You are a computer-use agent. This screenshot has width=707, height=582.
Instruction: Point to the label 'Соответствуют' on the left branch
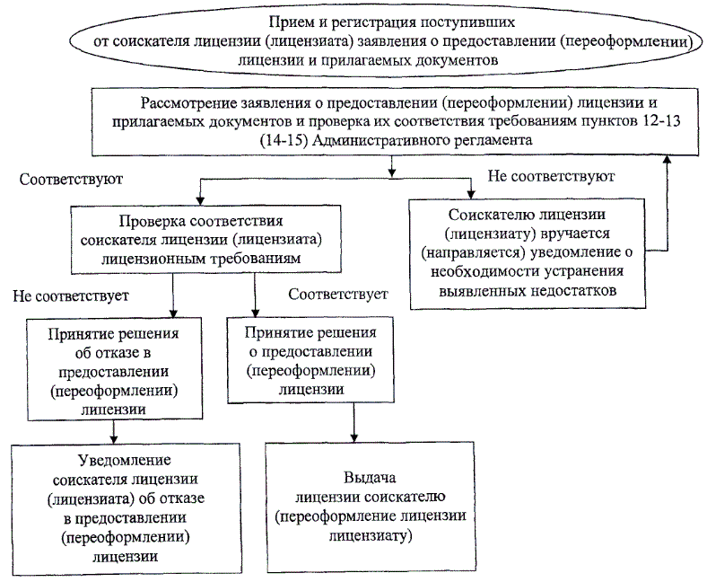click(x=71, y=178)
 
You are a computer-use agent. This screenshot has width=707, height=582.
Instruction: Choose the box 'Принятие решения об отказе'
click(x=112, y=368)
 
